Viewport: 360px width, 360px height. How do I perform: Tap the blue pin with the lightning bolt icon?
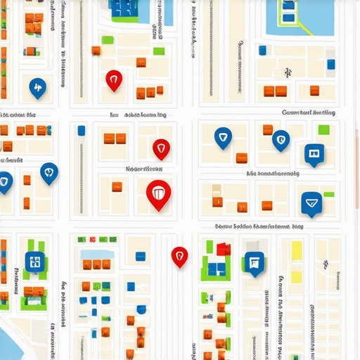37,87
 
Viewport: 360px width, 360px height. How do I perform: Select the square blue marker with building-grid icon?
34,262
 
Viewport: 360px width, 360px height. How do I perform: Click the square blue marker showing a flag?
254,263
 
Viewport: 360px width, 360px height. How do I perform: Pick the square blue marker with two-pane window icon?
314,153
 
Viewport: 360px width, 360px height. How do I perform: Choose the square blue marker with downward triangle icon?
311,202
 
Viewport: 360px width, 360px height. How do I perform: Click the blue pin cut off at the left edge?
4,182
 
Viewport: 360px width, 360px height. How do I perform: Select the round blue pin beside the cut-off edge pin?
49,172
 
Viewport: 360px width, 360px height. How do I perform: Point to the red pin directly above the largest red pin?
161,148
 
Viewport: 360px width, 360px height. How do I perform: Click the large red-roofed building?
224,249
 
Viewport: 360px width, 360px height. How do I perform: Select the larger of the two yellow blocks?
297,251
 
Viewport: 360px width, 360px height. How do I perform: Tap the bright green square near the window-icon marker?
323,129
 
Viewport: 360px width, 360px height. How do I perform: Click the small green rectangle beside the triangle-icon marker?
329,194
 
